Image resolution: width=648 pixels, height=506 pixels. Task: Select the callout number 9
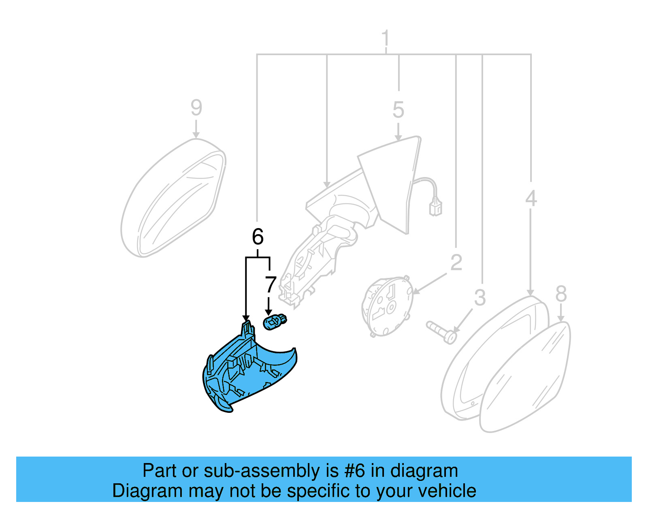pyautogui.click(x=196, y=108)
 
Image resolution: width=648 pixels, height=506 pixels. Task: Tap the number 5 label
pyautogui.click(x=398, y=110)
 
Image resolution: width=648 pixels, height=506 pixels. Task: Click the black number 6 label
pyautogui.click(x=258, y=237)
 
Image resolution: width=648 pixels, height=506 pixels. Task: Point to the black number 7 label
pyautogui.click(x=270, y=285)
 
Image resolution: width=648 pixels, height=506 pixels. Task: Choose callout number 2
pyautogui.click(x=456, y=263)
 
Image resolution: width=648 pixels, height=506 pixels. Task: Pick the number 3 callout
pyautogui.click(x=480, y=298)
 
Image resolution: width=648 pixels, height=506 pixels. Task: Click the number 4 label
pyautogui.click(x=531, y=199)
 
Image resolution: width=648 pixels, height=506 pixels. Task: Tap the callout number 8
pyautogui.click(x=561, y=294)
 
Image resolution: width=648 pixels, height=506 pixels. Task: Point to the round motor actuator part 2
pyautogui.click(x=387, y=306)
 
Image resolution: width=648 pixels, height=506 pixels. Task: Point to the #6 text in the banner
pyautogui.click(x=355, y=471)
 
